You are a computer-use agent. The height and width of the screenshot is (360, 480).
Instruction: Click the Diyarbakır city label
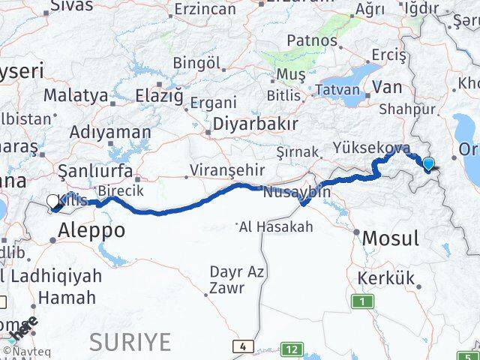(x=256, y=123)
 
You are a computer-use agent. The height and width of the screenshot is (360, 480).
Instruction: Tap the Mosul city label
(x=390, y=238)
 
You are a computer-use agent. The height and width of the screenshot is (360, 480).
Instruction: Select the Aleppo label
(x=90, y=230)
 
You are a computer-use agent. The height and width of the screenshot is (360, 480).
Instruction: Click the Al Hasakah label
(x=275, y=226)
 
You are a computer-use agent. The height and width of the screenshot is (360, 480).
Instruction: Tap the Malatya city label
(x=76, y=95)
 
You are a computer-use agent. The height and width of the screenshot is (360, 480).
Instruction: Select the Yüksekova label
(x=372, y=147)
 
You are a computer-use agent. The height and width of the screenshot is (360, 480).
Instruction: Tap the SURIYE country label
(x=130, y=342)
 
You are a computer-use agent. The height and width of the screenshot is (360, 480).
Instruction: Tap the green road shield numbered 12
(x=292, y=349)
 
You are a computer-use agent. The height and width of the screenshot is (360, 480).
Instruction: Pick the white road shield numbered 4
(x=242, y=346)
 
